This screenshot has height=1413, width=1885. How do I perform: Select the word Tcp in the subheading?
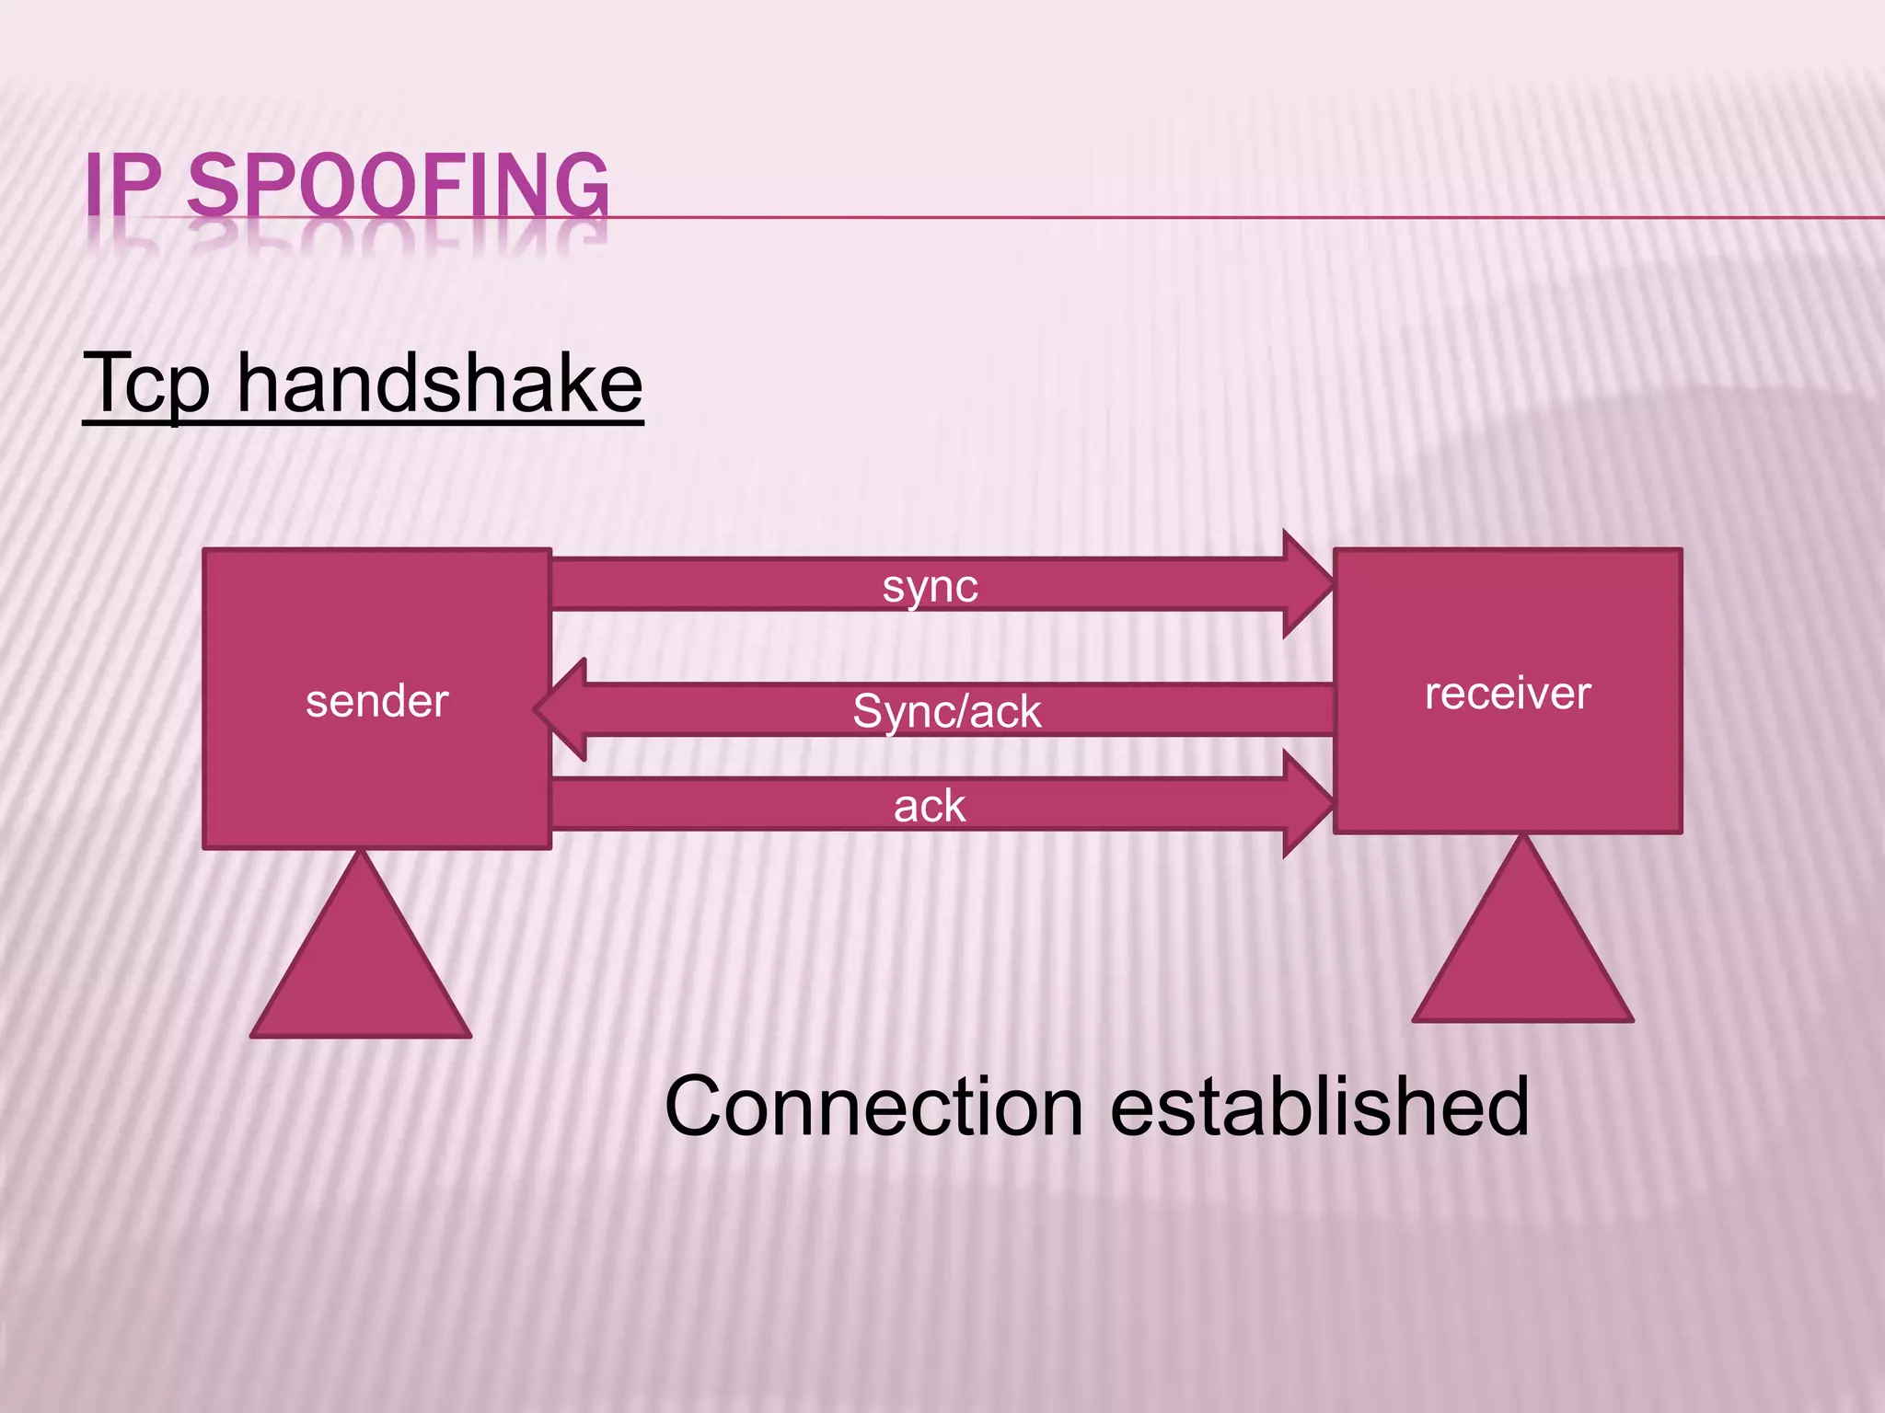(x=147, y=385)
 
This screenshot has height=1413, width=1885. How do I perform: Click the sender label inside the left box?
(x=376, y=701)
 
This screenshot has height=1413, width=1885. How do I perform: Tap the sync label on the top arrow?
(x=930, y=586)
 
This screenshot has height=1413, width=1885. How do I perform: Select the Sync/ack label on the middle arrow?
(x=946, y=711)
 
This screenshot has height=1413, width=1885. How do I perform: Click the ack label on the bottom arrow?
(x=930, y=807)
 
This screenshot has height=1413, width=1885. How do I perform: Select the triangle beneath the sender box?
(x=361, y=975)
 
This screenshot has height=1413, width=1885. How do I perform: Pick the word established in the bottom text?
(x=1319, y=1107)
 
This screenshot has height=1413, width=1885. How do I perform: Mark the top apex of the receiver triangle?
(x=1523, y=839)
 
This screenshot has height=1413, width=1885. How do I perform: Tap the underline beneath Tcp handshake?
(x=363, y=422)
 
